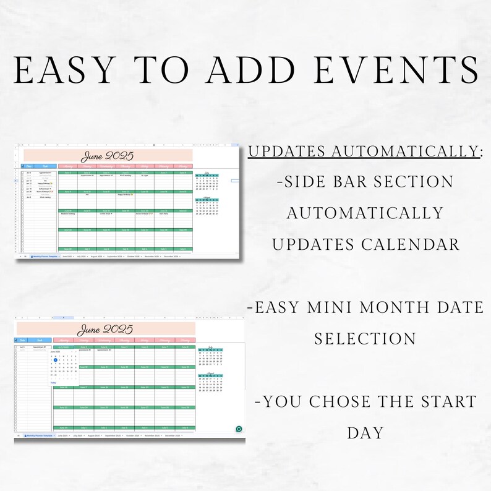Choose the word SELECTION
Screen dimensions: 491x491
click(x=365, y=339)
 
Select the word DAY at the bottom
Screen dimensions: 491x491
click(x=365, y=432)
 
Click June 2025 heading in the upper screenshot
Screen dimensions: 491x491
click(x=108, y=156)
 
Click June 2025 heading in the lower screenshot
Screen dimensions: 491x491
click(x=106, y=329)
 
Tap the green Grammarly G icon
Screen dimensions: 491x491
click(x=239, y=429)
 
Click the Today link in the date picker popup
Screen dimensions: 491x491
click(x=53, y=383)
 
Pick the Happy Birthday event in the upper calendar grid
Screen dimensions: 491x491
click(x=126, y=195)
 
